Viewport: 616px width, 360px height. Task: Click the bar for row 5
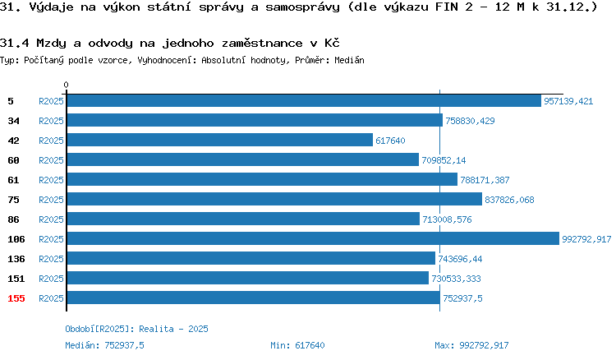coord(304,101)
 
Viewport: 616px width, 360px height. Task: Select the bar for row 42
coord(220,140)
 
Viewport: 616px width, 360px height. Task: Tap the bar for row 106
coord(313,238)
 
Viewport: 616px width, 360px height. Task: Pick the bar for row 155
coord(254,298)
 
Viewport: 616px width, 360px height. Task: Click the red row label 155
coord(16,298)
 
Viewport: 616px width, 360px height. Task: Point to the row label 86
coord(13,219)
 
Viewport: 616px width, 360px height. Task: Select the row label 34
coord(13,121)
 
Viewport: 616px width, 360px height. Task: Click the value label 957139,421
coord(568,101)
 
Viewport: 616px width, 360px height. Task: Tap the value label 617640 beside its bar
coord(390,141)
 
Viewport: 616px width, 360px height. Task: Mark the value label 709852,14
coord(444,160)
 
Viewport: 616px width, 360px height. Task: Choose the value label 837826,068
coord(509,200)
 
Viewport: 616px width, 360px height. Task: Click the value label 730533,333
coord(456,279)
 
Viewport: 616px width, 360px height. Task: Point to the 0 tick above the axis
coord(66,85)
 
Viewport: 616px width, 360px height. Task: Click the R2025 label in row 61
coord(51,180)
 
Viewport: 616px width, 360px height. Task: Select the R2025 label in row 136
coord(51,259)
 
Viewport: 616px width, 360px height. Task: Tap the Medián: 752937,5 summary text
coord(104,345)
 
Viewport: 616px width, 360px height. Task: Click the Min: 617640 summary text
coord(297,345)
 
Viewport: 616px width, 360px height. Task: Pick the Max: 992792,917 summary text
coord(471,345)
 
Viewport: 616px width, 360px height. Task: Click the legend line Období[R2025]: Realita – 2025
coord(136,329)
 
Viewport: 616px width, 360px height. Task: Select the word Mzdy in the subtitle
coord(51,44)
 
